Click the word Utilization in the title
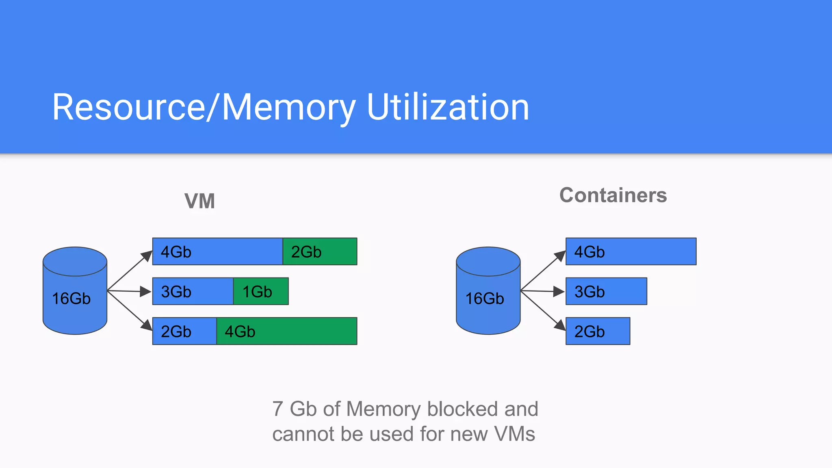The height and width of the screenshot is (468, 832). (448, 107)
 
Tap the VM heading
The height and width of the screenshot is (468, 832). (199, 201)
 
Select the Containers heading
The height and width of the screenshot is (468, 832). (613, 195)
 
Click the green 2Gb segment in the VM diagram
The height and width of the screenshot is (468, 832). (320, 251)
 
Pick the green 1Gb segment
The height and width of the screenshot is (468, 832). (261, 291)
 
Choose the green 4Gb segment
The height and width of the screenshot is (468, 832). (286, 331)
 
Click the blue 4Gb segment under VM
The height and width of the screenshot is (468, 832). (217, 251)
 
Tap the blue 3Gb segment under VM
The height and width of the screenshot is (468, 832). (193, 291)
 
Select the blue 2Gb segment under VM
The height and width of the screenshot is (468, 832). (184, 331)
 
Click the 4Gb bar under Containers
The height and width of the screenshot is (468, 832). (631, 251)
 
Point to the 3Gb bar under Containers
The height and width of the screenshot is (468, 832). (606, 291)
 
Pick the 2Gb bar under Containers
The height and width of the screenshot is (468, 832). (598, 331)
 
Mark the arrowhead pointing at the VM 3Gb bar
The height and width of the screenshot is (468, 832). (146, 291)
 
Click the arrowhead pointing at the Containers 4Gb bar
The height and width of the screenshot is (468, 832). (560, 256)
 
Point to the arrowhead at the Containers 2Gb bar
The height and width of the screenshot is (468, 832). (560, 325)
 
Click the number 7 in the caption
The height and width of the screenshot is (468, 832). (277, 409)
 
